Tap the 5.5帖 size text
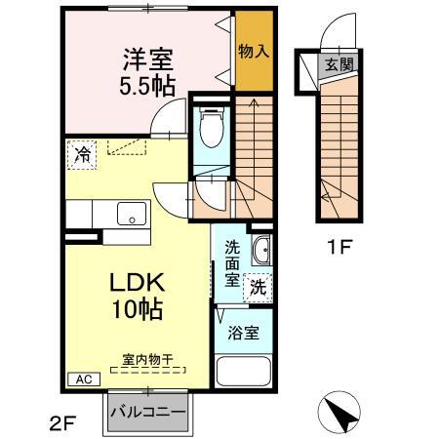pyautogui.click(x=147, y=85)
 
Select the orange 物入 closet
pyautogui.click(x=253, y=50)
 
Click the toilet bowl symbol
pyautogui.click(x=209, y=127)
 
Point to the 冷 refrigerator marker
pyautogui.click(x=83, y=154)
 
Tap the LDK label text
pyautogui.click(x=140, y=284)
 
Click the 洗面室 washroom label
pyautogui.click(x=231, y=261)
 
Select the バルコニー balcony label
pyautogui.click(x=147, y=411)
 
